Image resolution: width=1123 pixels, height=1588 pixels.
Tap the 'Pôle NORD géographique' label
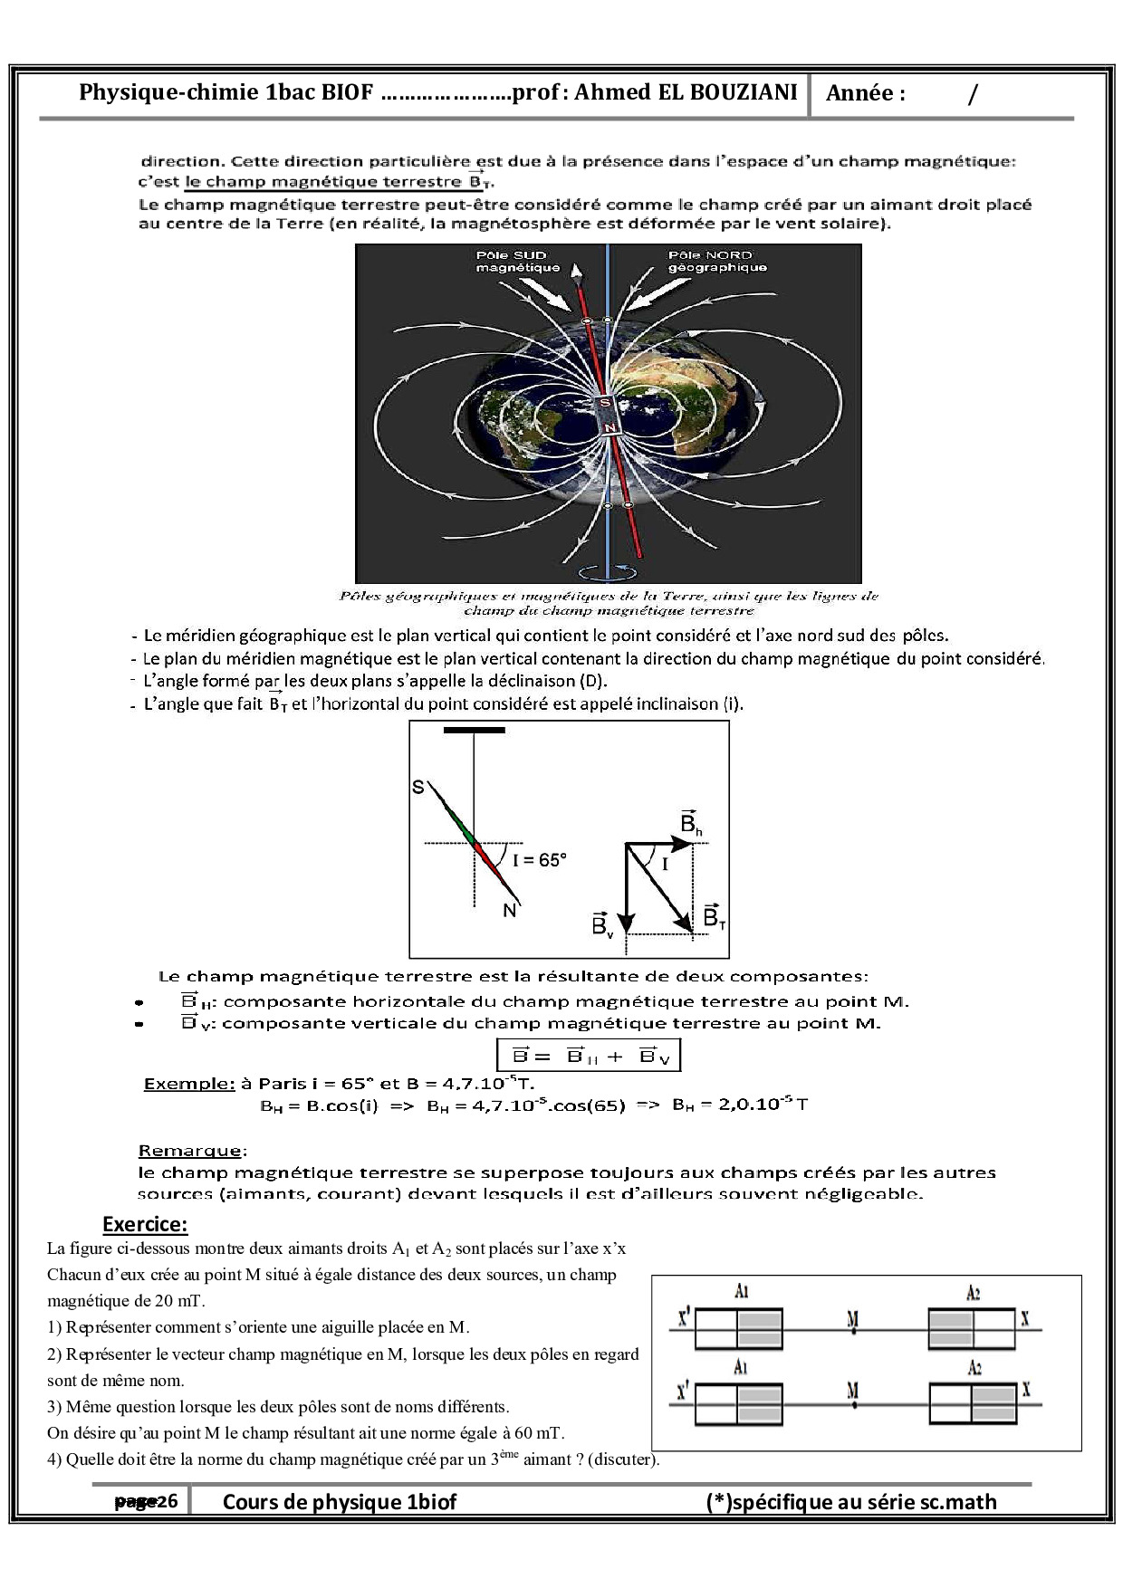[717, 262]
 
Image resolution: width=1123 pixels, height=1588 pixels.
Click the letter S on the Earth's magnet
[605, 402]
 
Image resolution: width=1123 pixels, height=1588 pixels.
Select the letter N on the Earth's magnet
[609, 427]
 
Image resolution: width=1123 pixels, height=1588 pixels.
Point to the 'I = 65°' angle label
[540, 860]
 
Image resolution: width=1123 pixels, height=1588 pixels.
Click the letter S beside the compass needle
[418, 787]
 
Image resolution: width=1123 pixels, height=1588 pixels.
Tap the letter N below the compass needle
[510, 911]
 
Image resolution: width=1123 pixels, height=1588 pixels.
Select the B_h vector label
[690, 823]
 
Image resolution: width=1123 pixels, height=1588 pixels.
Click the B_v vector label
[602, 923]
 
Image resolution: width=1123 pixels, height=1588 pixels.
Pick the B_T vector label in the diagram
[714, 916]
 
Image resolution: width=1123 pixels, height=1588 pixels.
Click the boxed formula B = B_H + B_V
[590, 1056]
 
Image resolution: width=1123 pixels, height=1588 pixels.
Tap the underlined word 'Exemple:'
[189, 1084]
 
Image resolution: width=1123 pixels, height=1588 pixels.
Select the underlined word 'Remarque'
[190, 1151]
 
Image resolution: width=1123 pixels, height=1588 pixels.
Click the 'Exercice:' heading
[145, 1225]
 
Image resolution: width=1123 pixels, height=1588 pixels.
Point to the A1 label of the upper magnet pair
[742, 1292]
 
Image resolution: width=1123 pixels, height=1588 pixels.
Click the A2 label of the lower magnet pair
[974, 1368]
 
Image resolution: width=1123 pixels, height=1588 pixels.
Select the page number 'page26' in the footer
[146, 1501]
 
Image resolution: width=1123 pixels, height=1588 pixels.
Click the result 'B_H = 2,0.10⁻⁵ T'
[740, 1105]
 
